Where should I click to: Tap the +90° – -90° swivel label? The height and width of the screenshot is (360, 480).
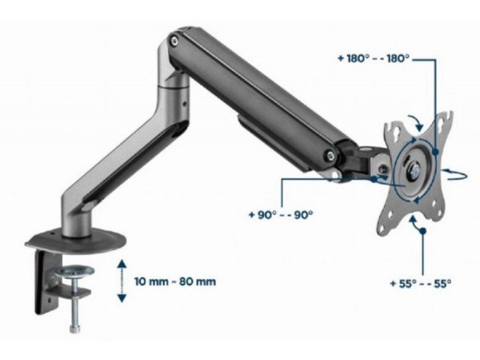coord(280,214)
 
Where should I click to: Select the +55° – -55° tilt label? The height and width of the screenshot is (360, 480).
coord(419,282)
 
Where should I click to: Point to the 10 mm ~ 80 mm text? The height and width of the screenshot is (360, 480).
coord(175,281)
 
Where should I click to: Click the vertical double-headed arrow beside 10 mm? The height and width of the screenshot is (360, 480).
coord(121,281)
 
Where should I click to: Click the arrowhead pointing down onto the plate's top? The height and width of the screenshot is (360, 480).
coord(419,122)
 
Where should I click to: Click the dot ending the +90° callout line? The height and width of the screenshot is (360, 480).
coord(374,178)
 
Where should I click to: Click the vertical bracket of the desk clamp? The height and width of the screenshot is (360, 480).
coord(44,282)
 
